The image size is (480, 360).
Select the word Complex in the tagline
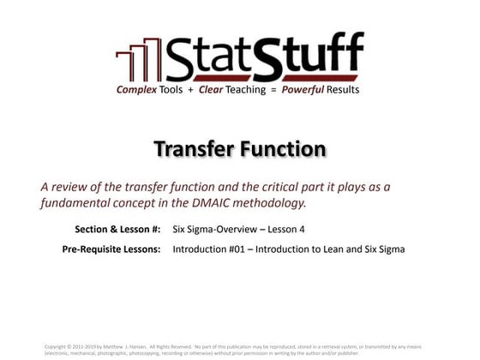pyautogui.click(x=141, y=90)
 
